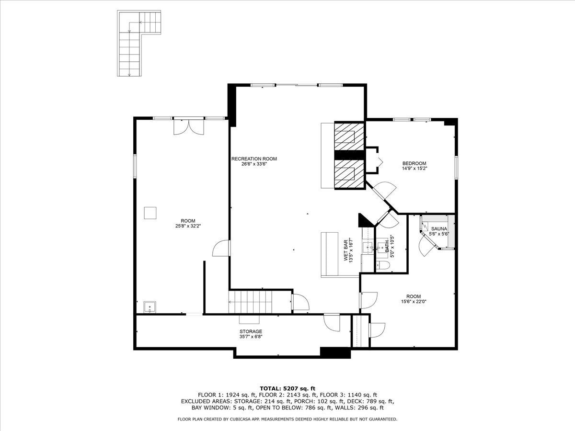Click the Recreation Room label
[x=254, y=159]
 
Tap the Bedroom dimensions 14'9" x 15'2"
[x=414, y=169]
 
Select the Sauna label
[x=438, y=229]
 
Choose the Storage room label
[x=251, y=331]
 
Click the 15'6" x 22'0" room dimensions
[x=414, y=302]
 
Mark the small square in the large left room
[x=151, y=213]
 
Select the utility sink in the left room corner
[x=150, y=307]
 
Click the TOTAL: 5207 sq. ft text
[x=287, y=388]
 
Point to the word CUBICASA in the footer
[x=241, y=419]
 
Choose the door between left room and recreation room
[x=221, y=248]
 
